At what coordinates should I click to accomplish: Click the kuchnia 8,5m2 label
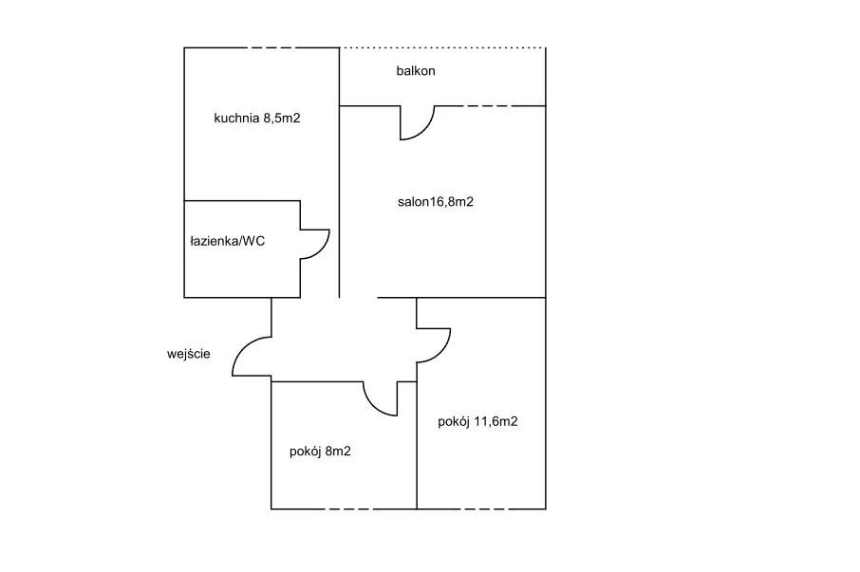point(257,119)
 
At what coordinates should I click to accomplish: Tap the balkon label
point(416,71)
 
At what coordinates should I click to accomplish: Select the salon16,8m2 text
point(436,201)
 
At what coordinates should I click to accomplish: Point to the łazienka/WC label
point(228,241)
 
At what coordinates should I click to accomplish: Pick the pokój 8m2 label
point(320,452)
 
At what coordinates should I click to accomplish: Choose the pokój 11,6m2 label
point(477,422)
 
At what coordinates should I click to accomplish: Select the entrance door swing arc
point(243,351)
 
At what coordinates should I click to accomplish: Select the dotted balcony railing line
point(442,47)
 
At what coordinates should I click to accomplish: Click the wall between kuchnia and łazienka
point(242,201)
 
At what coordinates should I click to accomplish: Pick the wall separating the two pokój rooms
point(417,446)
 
